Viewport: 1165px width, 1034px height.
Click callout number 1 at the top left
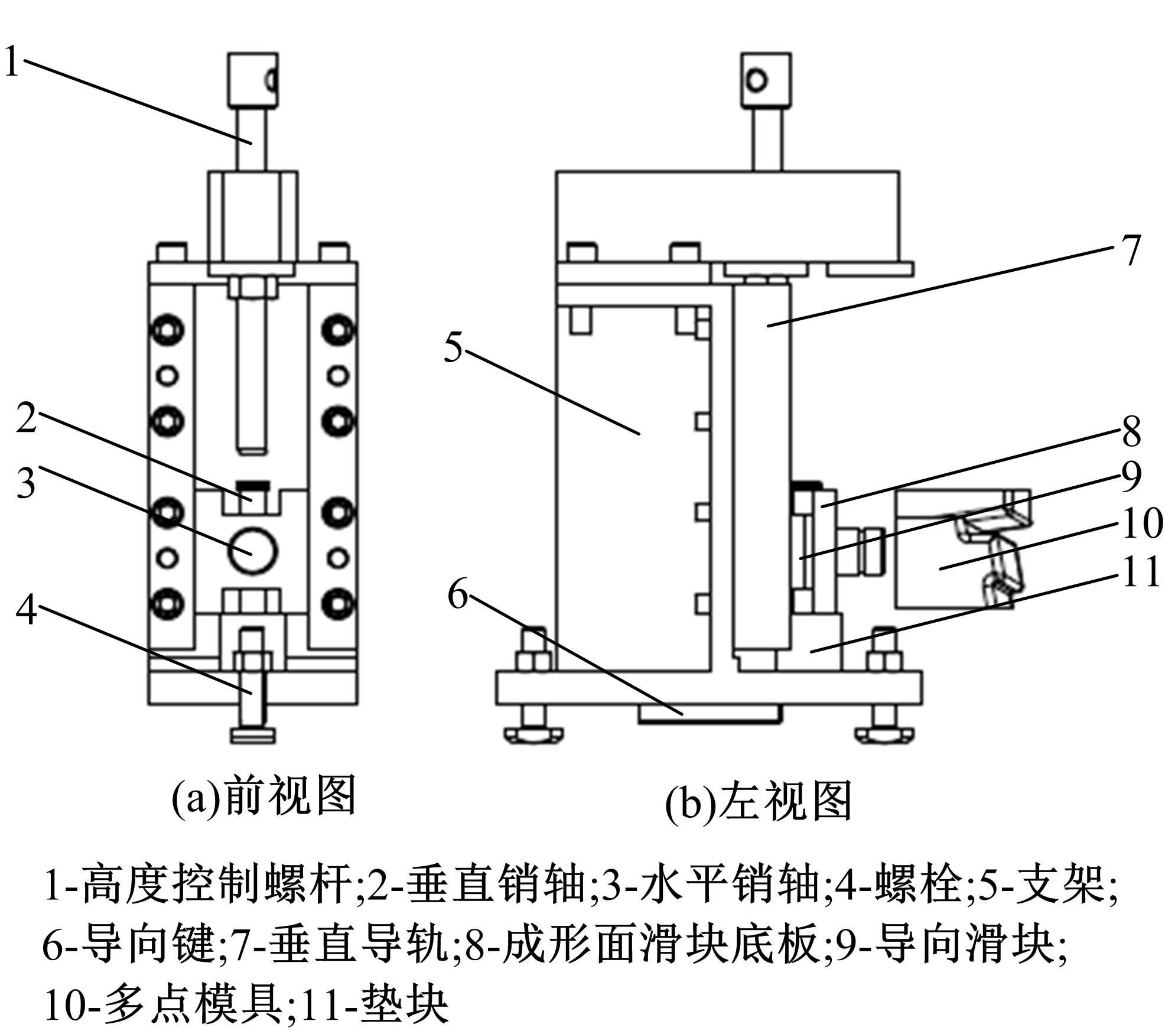pyautogui.click(x=12, y=61)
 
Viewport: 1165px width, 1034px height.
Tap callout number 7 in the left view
pyautogui.click(x=1130, y=251)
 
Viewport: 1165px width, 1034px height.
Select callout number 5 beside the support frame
pyautogui.click(x=453, y=347)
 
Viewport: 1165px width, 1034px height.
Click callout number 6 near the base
pyautogui.click(x=458, y=593)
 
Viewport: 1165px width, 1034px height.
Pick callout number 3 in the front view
pyautogui.click(x=25, y=483)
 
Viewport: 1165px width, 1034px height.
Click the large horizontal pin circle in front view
pyautogui.click(x=253, y=550)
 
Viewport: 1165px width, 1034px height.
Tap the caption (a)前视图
pyautogui.click(x=263, y=796)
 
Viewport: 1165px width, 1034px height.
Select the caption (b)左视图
pyautogui.click(x=759, y=801)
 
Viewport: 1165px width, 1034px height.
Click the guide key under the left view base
pyautogui.click(x=710, y=713)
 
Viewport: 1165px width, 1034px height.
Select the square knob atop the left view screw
pyautogui.click(x=766, y=80)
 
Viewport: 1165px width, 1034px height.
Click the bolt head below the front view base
pyautogui.click(x=253, y=736)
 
